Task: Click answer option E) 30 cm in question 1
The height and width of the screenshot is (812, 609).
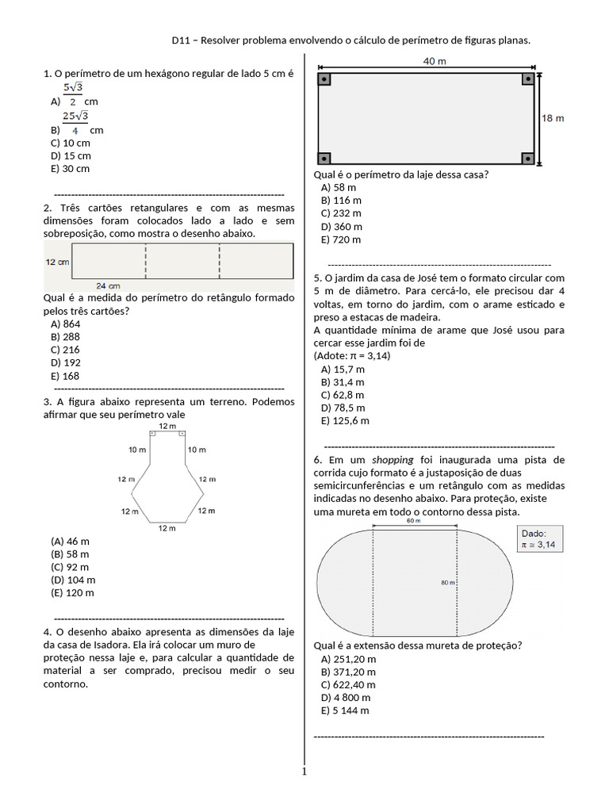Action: click(x=70, y=169)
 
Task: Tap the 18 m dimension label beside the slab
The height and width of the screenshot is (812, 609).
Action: click(x=553, y=118)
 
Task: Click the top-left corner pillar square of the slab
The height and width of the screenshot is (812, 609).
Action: click(x=324, y=79)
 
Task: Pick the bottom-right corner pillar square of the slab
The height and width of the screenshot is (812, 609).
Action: click(x=528, y=159)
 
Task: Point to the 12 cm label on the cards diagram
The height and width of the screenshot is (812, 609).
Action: click(x=57, y=262)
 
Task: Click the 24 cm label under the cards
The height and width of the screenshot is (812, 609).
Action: click(x=108, y=285)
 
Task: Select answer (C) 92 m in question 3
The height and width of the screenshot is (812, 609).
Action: click(x=70, y=567)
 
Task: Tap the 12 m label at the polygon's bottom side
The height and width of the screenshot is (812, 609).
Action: click(x=167, y=528)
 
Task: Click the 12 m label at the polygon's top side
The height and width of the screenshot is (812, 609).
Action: click(x=167, y=427)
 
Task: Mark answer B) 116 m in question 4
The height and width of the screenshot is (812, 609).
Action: click(x=341, y=201)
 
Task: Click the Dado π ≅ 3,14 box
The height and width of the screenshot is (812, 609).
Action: click(x=540, y=538)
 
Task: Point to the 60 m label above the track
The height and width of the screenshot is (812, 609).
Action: click(x=413, y=521)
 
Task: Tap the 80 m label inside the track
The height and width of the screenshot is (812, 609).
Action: click(x=446, y=582)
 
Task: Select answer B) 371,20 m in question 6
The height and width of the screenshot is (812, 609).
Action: click(x=348, y=672)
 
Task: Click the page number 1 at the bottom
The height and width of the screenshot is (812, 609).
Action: click(x=303, y=772)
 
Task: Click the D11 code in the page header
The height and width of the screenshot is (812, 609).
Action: click(x=182, y=40)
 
